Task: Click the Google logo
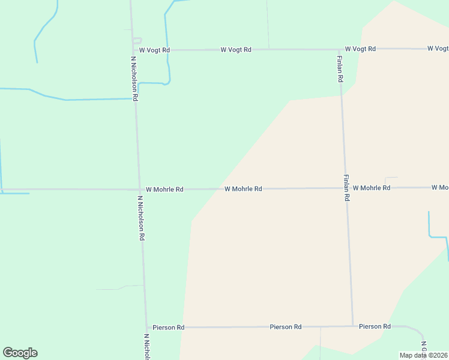(x=20, y=353)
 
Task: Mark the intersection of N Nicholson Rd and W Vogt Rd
(x=133, y=50)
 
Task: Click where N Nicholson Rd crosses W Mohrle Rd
(x=139, y=190)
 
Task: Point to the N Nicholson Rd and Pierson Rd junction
(x=146, y=328)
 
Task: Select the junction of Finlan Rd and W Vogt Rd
(x=340, y=49)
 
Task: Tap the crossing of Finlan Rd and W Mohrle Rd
(x=346, y=188)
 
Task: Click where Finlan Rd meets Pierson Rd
(x=352, y=326)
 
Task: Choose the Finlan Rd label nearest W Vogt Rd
(x=340, y=68)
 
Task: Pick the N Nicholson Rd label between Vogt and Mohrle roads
(x=135, y=78)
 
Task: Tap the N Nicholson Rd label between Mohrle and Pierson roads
(x=141, y=217)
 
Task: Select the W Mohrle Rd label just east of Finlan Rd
(x=372, y=188)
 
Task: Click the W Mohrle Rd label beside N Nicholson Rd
(x=164, y=189)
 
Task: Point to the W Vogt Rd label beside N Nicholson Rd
(x=154, y=50)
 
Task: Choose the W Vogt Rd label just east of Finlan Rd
(x=360, y=49)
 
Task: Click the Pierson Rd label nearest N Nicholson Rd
(x=168, y=328)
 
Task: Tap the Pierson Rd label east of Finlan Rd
(x=375, y=326)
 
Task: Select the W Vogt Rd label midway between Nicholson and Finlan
(x=236, y=50)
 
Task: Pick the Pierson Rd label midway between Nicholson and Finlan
(x=286, y=327)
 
